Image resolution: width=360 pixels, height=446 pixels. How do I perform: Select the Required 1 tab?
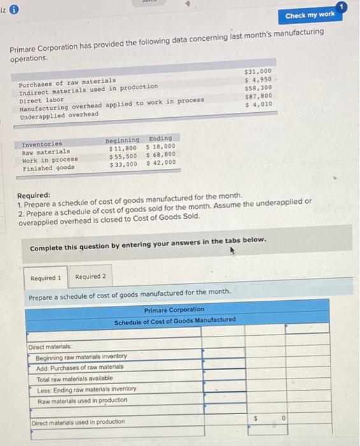46,277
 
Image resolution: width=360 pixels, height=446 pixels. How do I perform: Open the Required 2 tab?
90,277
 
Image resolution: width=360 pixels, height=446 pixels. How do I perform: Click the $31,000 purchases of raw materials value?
258,71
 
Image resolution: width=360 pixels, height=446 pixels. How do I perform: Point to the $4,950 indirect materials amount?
259,80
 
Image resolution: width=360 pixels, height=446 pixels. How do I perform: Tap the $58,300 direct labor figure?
259,88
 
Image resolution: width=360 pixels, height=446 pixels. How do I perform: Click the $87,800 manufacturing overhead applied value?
259,96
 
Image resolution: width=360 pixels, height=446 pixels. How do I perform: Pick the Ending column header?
159,138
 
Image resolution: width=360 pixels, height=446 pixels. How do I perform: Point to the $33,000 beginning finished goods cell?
124,164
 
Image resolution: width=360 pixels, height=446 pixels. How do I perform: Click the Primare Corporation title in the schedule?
174,310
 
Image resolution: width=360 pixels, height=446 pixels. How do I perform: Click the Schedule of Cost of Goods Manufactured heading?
175,320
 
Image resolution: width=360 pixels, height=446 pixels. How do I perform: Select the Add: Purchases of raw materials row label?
80,367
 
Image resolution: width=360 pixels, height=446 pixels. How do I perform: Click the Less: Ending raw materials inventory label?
86,389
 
